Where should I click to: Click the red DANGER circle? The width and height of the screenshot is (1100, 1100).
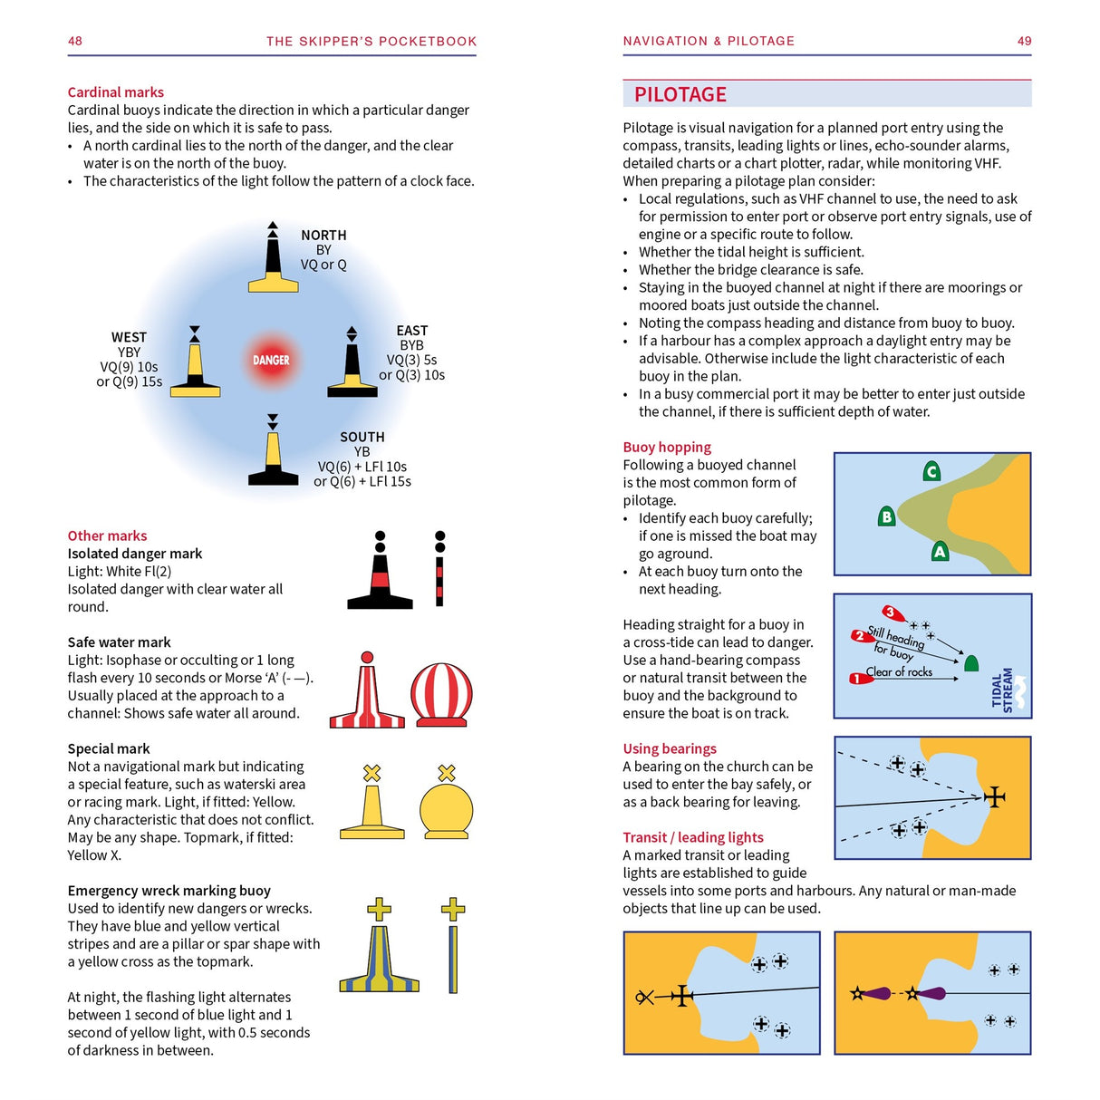coord(271,360)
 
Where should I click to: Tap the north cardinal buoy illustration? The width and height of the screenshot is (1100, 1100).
coord(273,260)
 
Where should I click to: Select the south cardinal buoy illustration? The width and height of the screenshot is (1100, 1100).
coord(273,453)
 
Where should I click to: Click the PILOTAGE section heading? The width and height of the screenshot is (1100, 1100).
coord(680,94)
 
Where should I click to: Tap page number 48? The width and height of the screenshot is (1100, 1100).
coord(75,41)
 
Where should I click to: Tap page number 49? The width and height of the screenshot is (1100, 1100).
coord(1024,41)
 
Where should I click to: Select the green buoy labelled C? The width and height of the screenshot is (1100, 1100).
coord(931,471)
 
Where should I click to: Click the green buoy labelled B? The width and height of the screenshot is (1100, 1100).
coord(887,516)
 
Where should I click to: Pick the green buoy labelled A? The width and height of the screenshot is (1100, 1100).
coord(940,551)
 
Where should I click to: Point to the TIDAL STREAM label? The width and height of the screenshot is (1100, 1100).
coord(1004,690)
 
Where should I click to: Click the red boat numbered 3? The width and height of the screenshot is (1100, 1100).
coord(893,614)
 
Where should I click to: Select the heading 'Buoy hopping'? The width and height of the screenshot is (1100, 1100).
coord(667,447)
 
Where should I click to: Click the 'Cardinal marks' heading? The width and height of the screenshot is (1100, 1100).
coord(116,92)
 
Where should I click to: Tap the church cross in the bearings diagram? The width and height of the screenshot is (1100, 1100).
coord(994,796)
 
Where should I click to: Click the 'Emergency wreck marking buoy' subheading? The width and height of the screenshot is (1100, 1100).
coord(169,891)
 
